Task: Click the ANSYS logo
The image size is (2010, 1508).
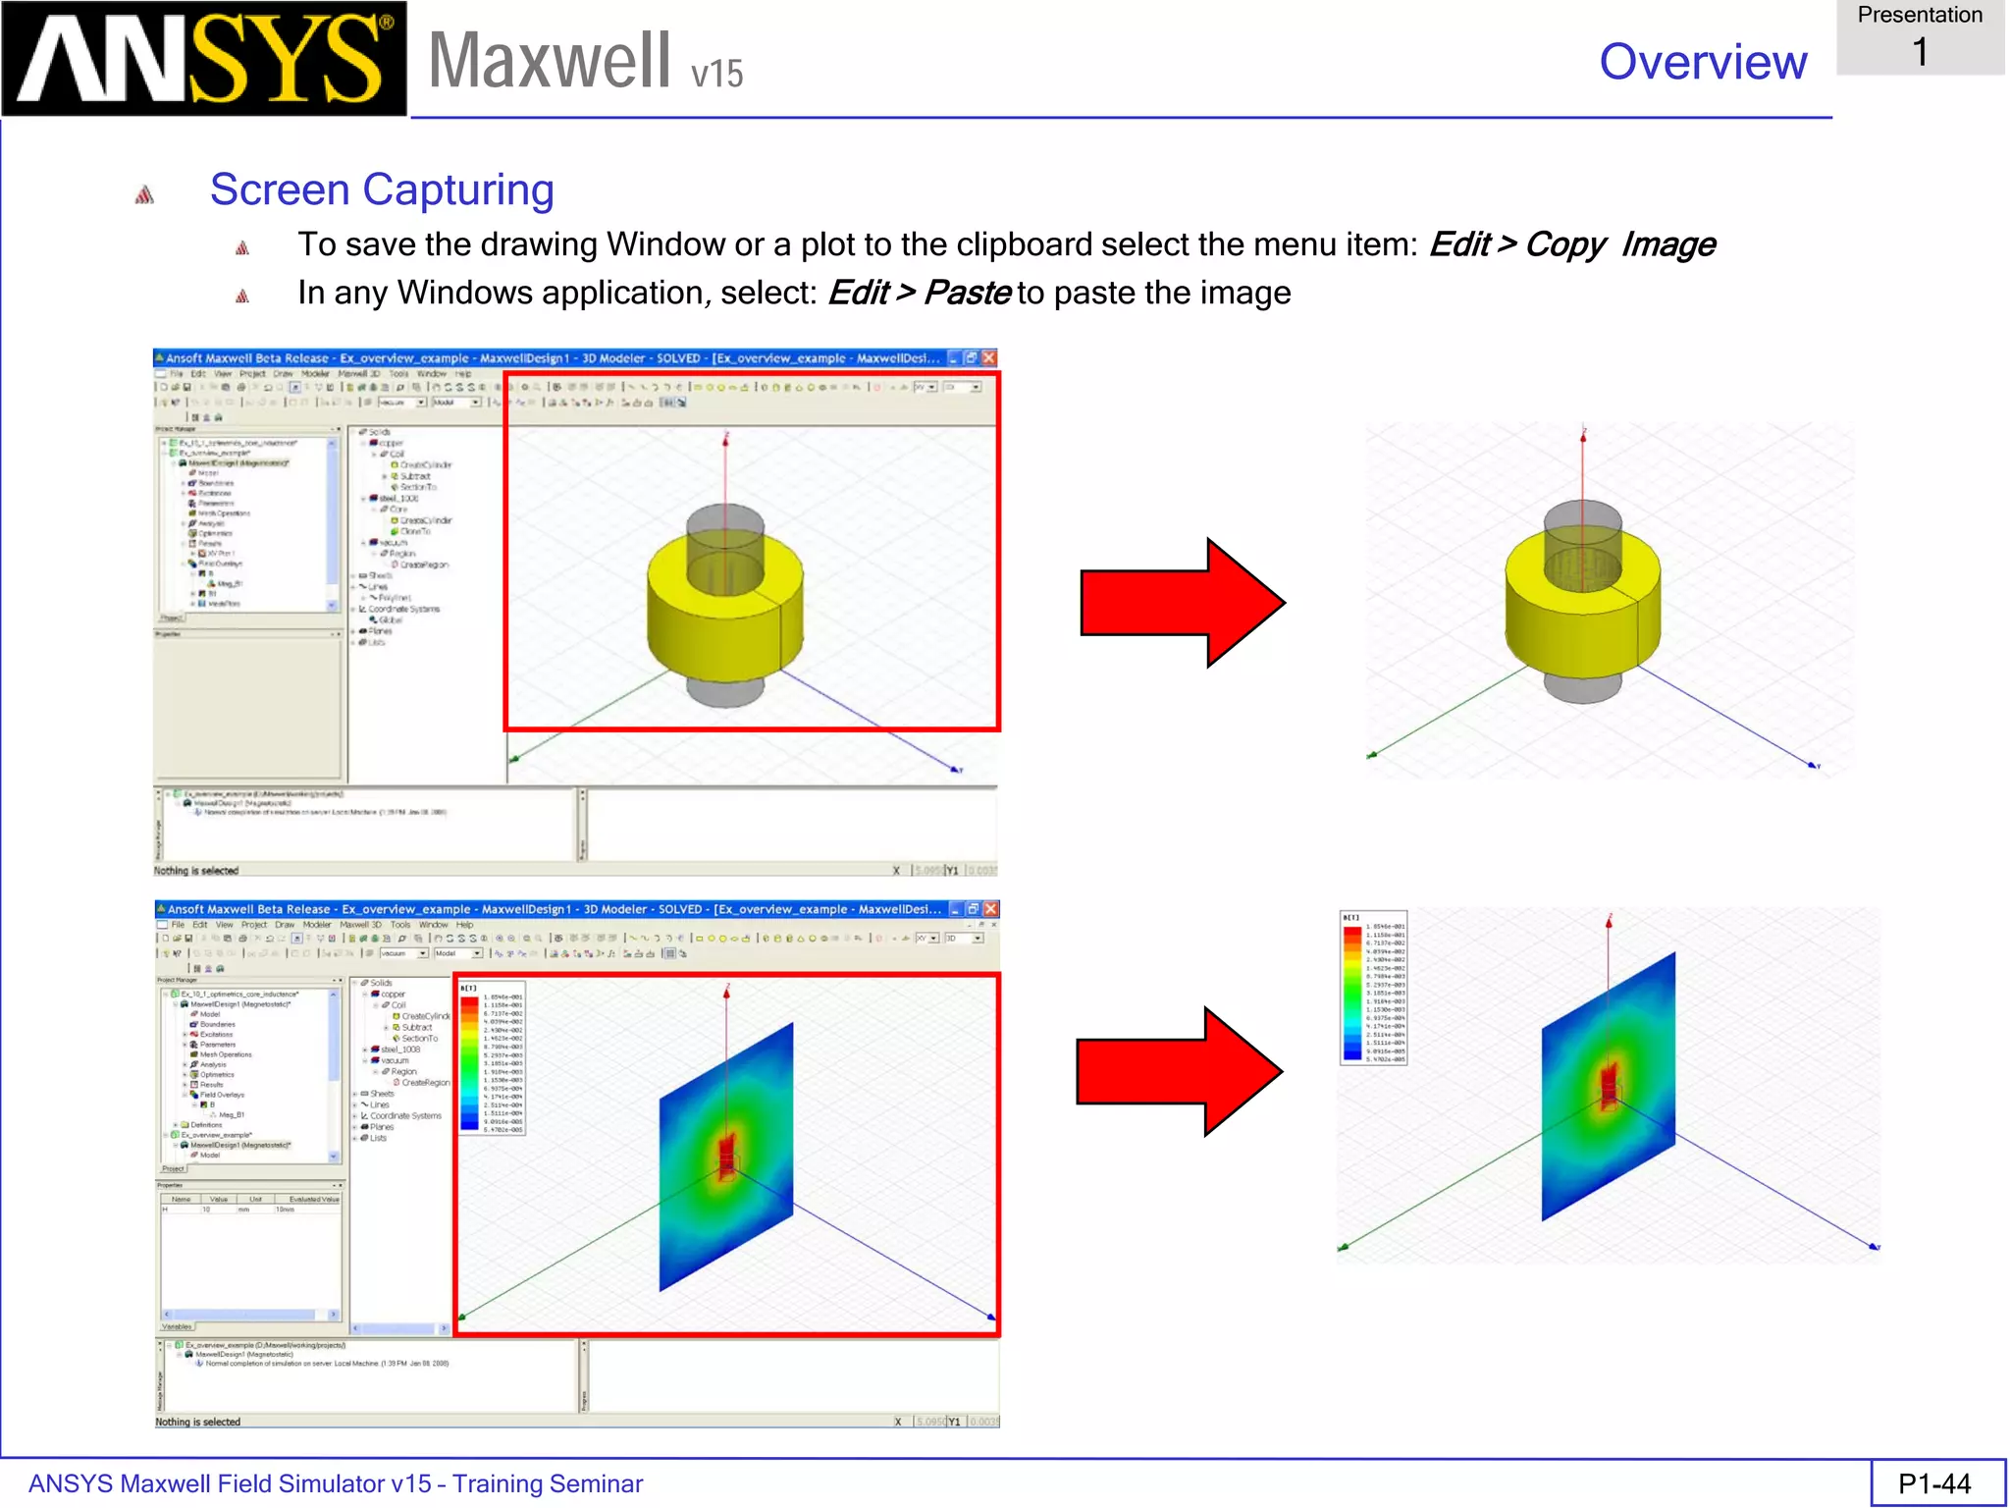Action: (x=203, y=59)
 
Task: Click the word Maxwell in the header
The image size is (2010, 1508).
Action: (x=550, y=61)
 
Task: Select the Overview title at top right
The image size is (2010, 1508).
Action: (x=1703, y=62)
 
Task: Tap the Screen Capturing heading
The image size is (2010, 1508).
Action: (x=382, y=189)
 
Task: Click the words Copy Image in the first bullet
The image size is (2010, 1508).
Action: (x=1619, y=244)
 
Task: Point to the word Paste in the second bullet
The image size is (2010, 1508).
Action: (x=967, y=293)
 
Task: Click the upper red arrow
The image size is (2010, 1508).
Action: (x=1182, y=603)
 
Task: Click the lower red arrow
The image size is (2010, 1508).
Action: (x=1179, y=1071)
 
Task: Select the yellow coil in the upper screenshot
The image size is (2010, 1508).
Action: (x=724, y=619)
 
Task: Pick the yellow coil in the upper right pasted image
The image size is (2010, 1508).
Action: (x=1582, y=614)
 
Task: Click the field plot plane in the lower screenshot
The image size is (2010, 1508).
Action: (x=726, y=1158)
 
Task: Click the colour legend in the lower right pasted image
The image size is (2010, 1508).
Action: (x=1373, y=988)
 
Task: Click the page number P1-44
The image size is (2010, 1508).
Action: (x=1934, y=1483)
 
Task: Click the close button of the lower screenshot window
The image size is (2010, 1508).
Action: (x=990, y=909)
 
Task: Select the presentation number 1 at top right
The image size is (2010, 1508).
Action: (x=1920, y=51)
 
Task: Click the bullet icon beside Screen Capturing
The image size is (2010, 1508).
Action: (x=144, y=194)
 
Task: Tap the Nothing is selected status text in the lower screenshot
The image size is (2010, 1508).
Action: (x=197, y=1422)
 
